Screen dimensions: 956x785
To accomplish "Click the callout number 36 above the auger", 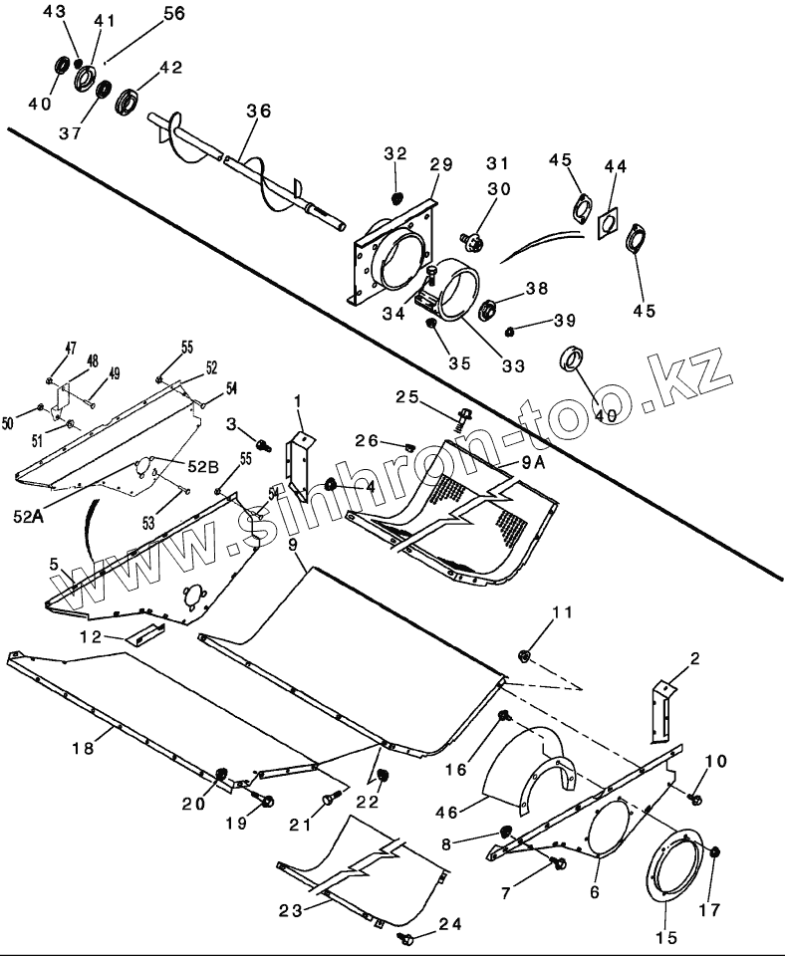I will tap(258, 113).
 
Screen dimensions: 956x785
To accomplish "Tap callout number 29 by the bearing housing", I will tap(440, 163).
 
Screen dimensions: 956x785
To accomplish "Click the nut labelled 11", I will tap(523, 655).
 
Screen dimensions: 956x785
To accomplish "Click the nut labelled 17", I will tap(716, 852).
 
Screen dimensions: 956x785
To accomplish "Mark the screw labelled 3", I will tap(263, 445).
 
